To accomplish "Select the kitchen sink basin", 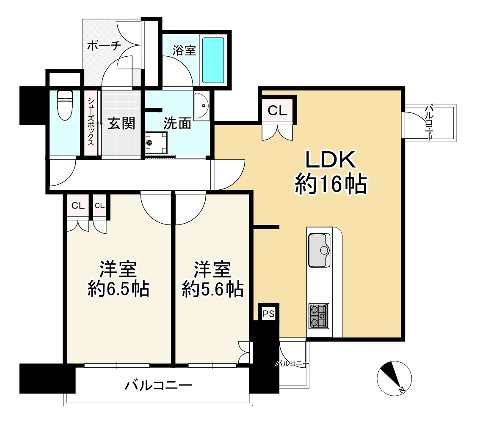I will (319, 250).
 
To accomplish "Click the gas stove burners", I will (319, 316).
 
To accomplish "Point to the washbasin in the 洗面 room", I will (202, 105).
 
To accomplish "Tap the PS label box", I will (268, 314).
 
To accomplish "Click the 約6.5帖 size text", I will (118, 290).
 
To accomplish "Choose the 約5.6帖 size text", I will (212, 290).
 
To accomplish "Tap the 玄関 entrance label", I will (121, 123).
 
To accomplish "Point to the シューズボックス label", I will (91, 122).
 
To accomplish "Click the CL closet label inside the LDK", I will (278, 111).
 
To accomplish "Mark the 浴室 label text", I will (184, 50).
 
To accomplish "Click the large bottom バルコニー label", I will (158, 385).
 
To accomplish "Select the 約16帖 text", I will (330, 185).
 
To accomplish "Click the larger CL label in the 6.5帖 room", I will (77, 206).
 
